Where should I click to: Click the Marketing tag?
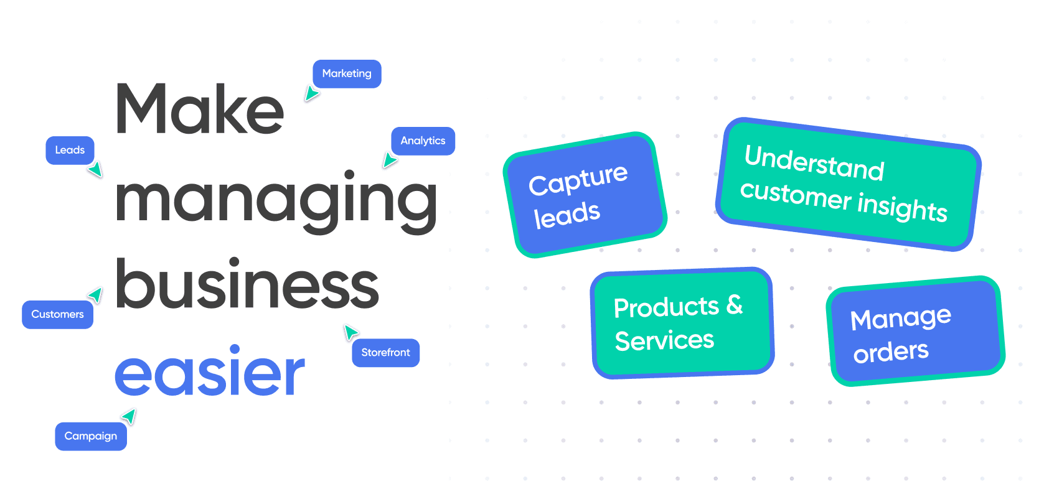tap(347, 74)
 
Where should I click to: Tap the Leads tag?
tap(70, 151)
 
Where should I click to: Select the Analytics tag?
tap(423, 141)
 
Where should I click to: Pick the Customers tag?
tap(57, 315)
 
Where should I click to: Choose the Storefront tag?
tap(385, 353)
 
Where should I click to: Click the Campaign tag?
tap(90, 436)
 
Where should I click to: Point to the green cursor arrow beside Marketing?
tap(311, 94)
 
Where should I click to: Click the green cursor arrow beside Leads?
tap(95, 169)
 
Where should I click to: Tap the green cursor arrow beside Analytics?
tap(389, 161)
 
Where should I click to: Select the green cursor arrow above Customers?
tap(95, 294)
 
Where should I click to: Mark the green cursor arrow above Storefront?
tap(350, 332)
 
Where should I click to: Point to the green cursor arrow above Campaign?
tap(129, 416)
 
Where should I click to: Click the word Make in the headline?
tap(199, 109)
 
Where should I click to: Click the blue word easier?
tap(210, 371)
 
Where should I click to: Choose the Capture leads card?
tap(585, 195)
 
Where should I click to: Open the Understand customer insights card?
tap(847, 184)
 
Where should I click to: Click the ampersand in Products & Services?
tap(735, 305)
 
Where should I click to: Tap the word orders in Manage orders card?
tap(891, 352)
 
